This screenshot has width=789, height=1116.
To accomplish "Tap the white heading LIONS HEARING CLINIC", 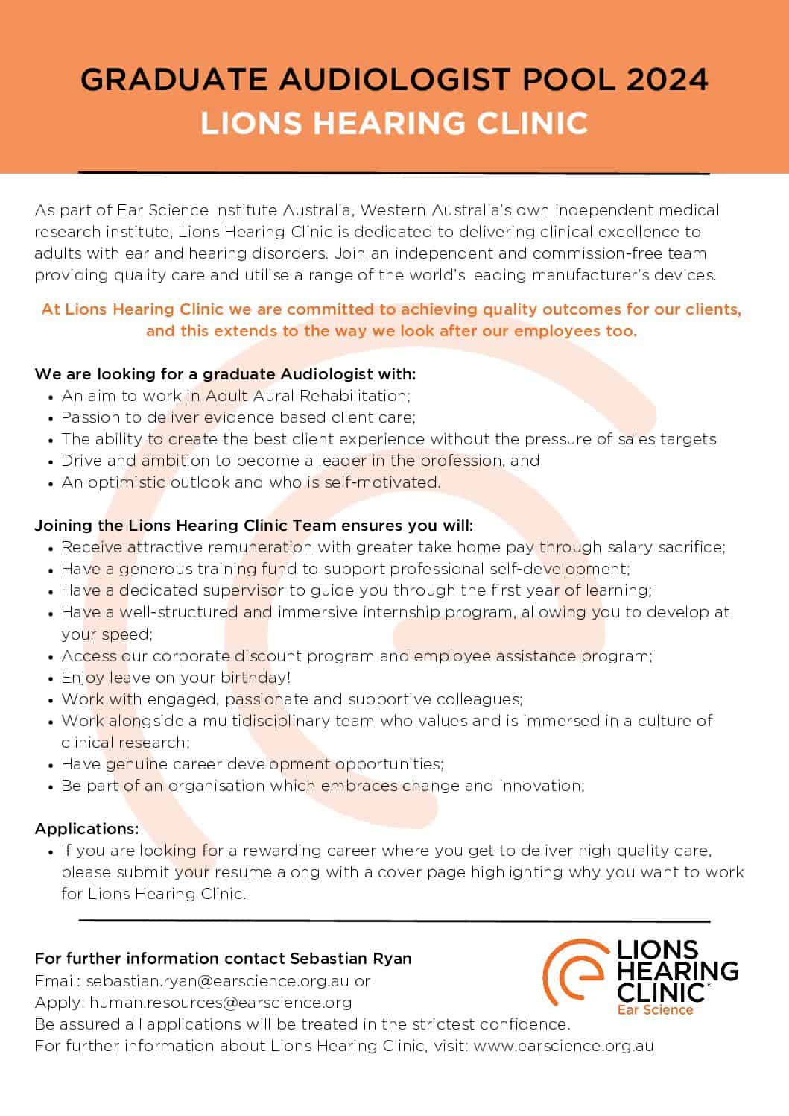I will point(394,123).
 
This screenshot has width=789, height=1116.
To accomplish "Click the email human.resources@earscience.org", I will point(221,1003).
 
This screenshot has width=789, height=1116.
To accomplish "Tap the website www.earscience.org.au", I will point(563,1046).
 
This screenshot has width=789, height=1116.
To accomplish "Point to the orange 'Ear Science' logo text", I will point(655,1010).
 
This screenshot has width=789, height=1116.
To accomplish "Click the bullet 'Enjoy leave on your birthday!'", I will point(176,678).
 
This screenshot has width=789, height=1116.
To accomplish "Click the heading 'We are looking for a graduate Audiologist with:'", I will point(225,373).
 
